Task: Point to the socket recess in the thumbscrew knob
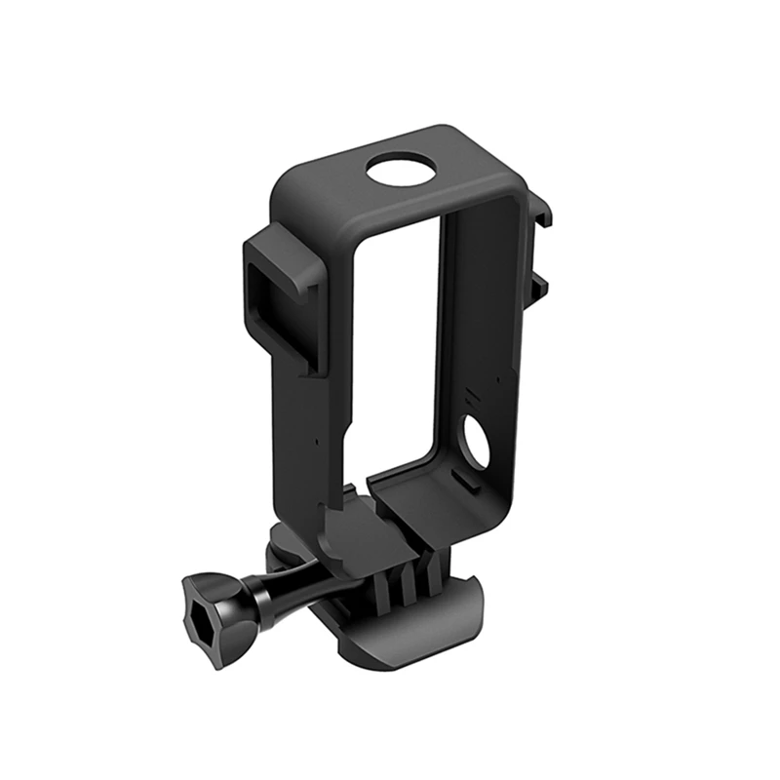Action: pyautogui.click(x=207, y=610)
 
